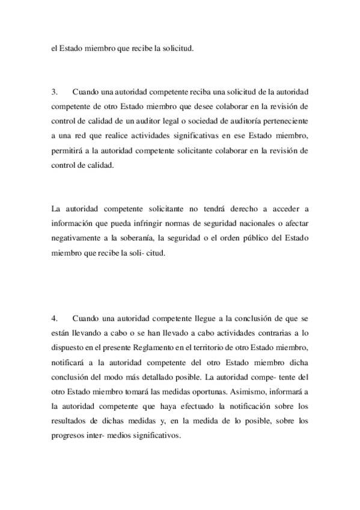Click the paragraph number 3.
(x=54, y=92)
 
